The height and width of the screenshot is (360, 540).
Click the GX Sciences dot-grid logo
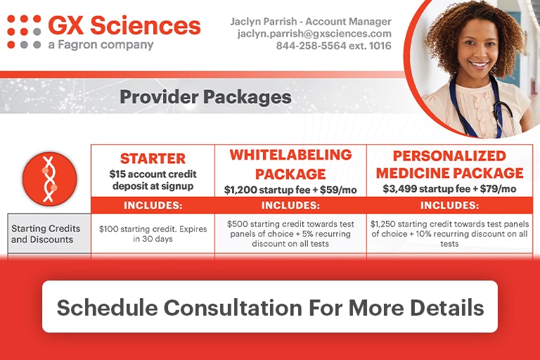tap(24, 32)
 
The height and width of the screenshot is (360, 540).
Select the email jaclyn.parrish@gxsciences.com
tap(314, 34)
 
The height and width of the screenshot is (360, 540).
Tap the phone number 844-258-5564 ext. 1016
tap(333, 46)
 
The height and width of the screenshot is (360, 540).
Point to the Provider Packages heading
tap(205, 97)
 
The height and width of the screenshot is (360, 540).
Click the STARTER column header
tap(153, 158)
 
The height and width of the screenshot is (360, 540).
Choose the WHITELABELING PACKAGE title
tap(290, 165)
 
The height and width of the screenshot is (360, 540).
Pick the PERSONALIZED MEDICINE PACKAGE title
tap(449, 165)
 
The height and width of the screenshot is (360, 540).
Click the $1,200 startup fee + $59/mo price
tap(290, 190)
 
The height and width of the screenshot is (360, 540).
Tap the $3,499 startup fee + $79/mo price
tap(449, 188)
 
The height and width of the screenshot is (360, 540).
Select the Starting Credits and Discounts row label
tap(46, 234)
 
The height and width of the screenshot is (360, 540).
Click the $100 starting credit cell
tap(153, 234)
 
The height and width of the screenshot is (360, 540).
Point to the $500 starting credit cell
tap(290, 234)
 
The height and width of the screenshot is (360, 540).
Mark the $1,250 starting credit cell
tap(449, 234)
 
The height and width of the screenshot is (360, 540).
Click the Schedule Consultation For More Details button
tap(270, 307)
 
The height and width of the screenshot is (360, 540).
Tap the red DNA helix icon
tap(50, 179)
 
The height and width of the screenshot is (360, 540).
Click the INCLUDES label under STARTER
tap(153, 206)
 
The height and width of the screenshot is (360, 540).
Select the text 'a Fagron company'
tap(101, 45)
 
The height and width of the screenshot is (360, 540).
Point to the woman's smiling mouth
tap(479, 65)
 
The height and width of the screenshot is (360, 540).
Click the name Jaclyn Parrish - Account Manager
tap(311, 22)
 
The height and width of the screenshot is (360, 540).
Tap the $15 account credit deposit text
tap(153, 180)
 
